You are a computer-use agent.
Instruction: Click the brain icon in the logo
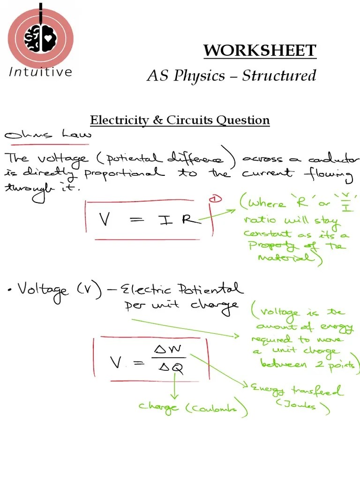[x=40, y=38]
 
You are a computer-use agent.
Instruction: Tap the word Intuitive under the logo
[x=41, y=72]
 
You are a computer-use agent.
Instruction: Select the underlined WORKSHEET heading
[x=260, y=51]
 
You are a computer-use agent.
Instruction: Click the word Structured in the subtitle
[x=279, y=75]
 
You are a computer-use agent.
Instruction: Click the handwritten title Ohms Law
[x=47, y=135]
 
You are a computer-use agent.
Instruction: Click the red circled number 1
[x=216, y=200]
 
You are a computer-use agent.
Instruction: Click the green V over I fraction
[x=347, y=203]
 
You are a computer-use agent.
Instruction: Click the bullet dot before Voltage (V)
[x=10, y=291]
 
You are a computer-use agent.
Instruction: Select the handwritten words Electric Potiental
[x=182, y=289]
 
